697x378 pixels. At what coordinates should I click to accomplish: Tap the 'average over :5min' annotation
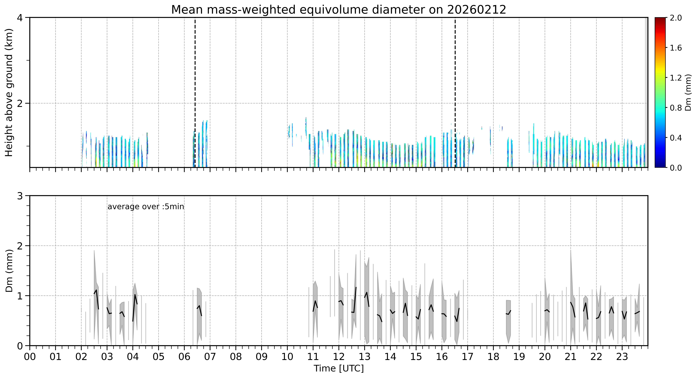pyautogui.click(x=146, y=207)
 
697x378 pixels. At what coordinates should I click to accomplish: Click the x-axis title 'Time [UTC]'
pyautogui.click(x=339, y=369)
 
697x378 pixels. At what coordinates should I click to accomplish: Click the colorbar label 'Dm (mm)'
pyautogui.click(x=688, y=93)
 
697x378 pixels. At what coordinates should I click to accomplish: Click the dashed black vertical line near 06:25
pyautogui.click(x=195, y=92)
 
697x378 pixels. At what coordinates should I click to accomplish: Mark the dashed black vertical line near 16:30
pyautogui.click(x=455, y=92)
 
